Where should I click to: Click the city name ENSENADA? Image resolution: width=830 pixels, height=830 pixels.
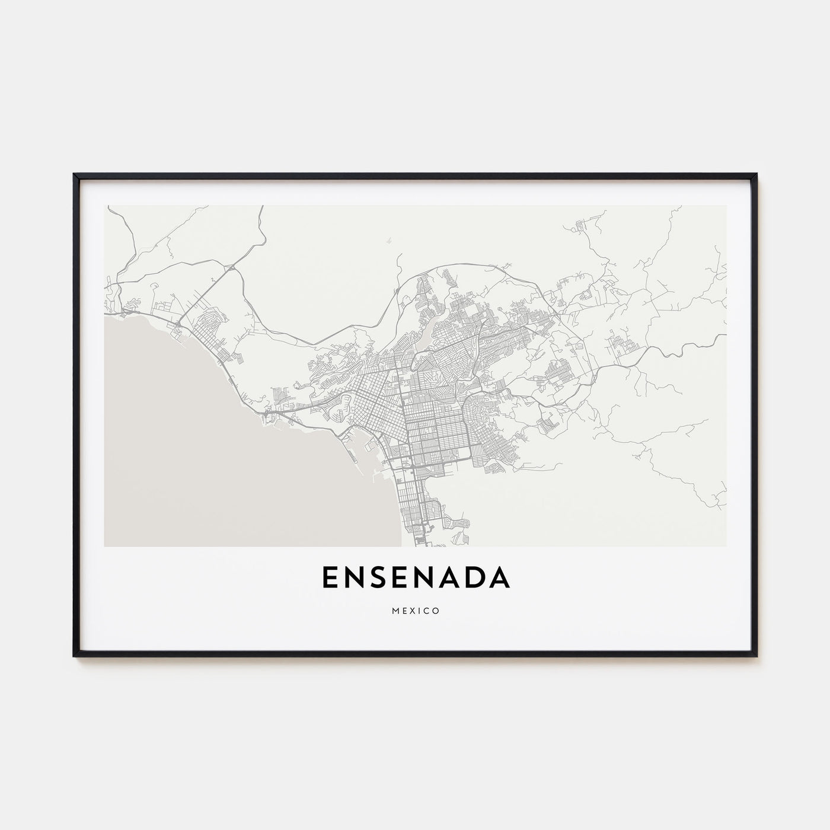click(415, 579)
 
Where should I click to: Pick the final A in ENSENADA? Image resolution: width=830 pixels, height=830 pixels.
click(499, 579)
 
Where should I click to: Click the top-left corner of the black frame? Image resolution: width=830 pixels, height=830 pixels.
click(74, 175)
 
